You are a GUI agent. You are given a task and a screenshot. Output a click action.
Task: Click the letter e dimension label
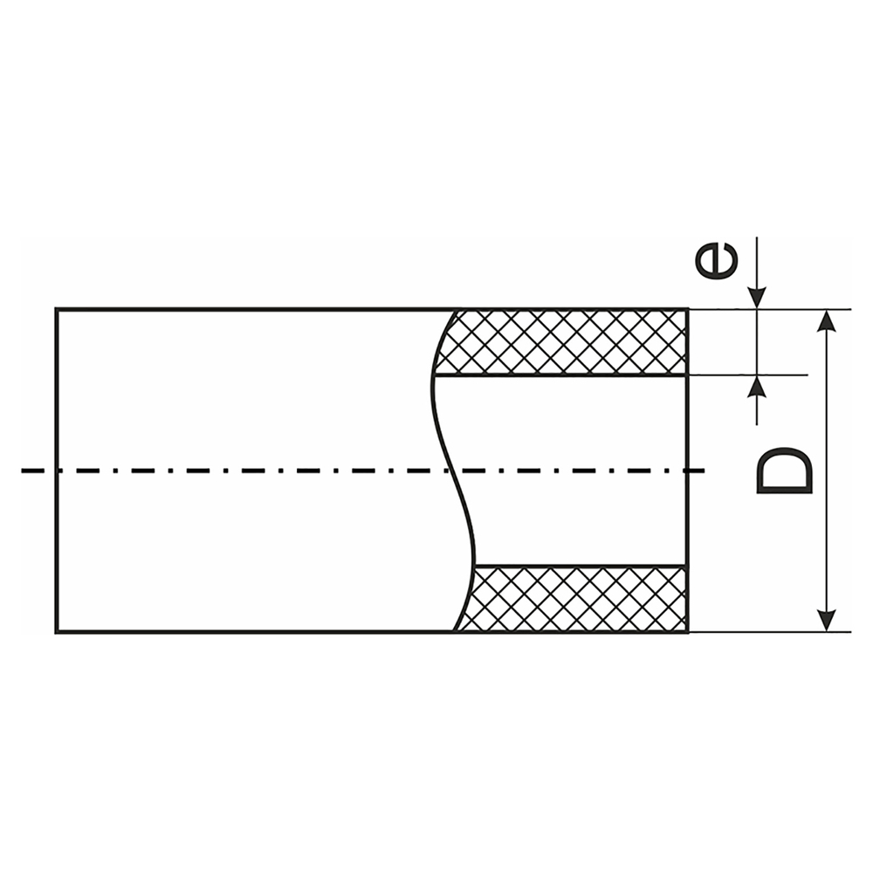click(716, 261)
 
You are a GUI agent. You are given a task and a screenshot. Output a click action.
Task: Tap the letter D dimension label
click(783, 471)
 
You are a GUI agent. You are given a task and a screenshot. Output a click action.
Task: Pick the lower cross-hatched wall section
click(576, 599)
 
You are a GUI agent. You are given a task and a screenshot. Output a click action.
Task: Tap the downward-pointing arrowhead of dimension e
click(757, 298)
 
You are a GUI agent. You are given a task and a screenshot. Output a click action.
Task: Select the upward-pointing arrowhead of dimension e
click(757, 387)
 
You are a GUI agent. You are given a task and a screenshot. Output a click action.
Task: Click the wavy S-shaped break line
click(454, 471)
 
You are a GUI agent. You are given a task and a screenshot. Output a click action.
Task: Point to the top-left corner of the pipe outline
click(57, 309)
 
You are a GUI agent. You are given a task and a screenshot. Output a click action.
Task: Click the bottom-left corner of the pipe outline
click(57, 632)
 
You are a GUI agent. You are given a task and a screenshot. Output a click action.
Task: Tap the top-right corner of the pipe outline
click(687, 309)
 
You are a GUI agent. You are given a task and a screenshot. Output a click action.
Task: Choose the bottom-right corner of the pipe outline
click(687, 632)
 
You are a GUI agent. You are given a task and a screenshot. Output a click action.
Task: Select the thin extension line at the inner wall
click(751, 375)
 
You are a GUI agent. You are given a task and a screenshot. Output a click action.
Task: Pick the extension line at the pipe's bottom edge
click(768, 632)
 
